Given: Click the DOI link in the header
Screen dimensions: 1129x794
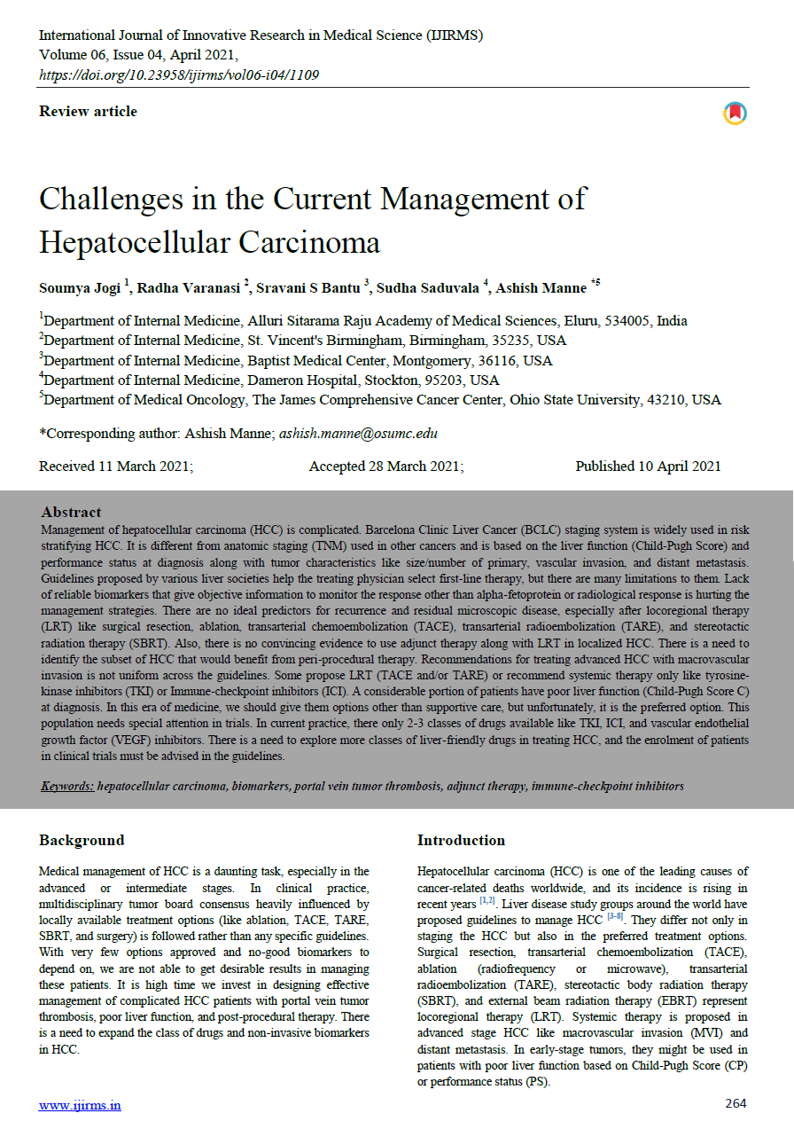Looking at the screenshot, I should click(x=179, y=75).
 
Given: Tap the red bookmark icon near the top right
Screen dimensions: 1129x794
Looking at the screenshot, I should click(x=735, y=114).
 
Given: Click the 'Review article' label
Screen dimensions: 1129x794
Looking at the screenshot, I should click(x=88, y=112).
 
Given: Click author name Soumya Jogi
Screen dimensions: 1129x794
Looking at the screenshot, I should click(x=81, y=288).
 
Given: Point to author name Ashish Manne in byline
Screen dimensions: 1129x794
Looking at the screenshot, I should click(x=541, y=288).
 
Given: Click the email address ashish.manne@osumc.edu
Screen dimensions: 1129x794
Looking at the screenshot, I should click(x=358, y=434).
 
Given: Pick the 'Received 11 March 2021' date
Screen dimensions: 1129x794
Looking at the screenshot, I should click(x=116, y=466).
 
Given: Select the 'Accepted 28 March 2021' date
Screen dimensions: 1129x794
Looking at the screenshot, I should click(x=386, y=466).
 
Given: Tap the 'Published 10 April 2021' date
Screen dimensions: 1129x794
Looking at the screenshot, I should click(x=648, y=466).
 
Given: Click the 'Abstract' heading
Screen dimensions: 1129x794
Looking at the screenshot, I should click(x=71, y=512).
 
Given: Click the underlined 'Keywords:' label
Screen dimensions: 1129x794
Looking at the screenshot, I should click(x=67, y=787).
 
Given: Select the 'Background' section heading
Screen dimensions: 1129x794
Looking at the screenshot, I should click(x=82, y=841).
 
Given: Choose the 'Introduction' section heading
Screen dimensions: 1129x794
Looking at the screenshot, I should click(x=461, y=841).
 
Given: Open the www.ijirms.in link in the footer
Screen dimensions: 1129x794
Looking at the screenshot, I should click(x=80, y=1105).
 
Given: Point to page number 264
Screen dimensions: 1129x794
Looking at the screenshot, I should click(x=736, y=1104).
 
